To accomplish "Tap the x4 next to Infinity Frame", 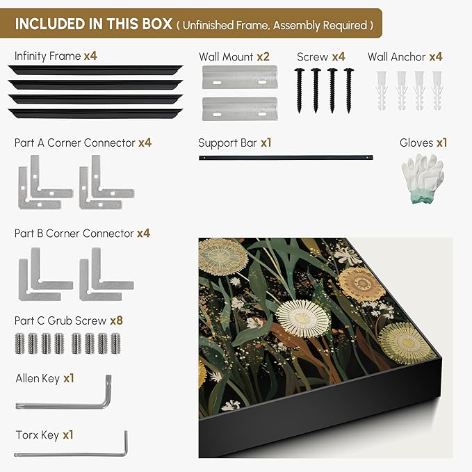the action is (x=90, y=56).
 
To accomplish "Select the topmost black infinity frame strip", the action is (x=95, y=70).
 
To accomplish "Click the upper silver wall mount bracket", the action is (x=240, y=77).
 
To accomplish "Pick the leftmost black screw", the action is (x=299, y=90).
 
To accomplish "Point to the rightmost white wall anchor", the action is (x=437, y=90).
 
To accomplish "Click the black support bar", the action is (x=286, y=157).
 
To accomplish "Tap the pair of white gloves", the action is (x=423, y=178).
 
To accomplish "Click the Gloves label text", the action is (x=416, y=143).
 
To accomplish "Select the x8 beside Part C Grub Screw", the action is (x=117, y=320).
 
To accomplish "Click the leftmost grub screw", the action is (x=19, y=343).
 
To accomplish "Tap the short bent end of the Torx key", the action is (x=126, y=442).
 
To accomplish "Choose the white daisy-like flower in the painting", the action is (x=303, y=318).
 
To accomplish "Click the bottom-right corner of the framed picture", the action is (x=442, y=357).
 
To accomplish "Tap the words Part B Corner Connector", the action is (x=74, y=234).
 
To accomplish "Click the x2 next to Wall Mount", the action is (x=263, y=56).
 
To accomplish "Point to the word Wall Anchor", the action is (x=396, y=56).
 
